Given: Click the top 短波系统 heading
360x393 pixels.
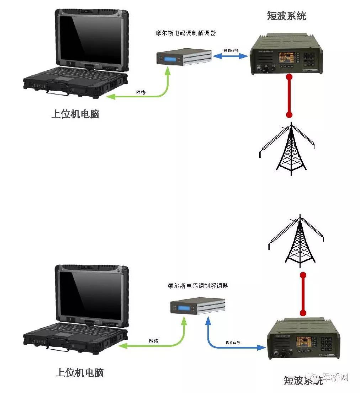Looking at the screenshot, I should [286, 16].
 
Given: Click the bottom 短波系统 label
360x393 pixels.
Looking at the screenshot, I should [303, 380].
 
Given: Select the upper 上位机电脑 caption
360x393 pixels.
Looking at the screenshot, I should [75, 114].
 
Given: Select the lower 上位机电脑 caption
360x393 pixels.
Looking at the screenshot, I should [80, 373].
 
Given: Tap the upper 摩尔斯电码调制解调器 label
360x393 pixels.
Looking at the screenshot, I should [186, 33].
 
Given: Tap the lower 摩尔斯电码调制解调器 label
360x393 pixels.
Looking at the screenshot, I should [197, 286].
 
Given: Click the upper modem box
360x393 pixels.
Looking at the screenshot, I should [184, 57].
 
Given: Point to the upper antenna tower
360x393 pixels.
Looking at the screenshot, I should [291, 149].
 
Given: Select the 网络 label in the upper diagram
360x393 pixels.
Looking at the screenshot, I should [141, 92].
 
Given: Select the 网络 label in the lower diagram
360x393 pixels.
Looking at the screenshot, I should [154, 340].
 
